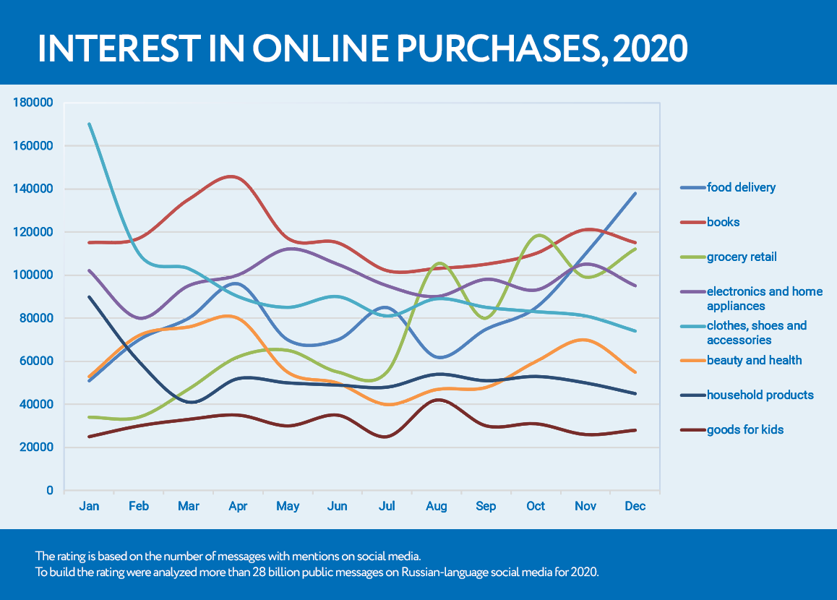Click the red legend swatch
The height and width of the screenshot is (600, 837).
[692, 223]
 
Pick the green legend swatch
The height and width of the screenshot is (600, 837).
[692, 257]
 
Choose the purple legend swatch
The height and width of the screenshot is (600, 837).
[692, 292]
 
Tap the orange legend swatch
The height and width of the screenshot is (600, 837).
[692, 361]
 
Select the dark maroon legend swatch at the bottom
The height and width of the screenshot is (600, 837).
[692, 430]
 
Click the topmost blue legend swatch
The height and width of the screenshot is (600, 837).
[692, 188]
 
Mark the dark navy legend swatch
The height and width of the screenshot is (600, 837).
[692, 395]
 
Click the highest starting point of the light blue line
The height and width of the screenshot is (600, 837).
[89, 124]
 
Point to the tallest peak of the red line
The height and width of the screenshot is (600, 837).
[232, 176]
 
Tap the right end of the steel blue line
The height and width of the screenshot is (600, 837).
[635, 193]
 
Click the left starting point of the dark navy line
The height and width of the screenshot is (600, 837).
[89, 296]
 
